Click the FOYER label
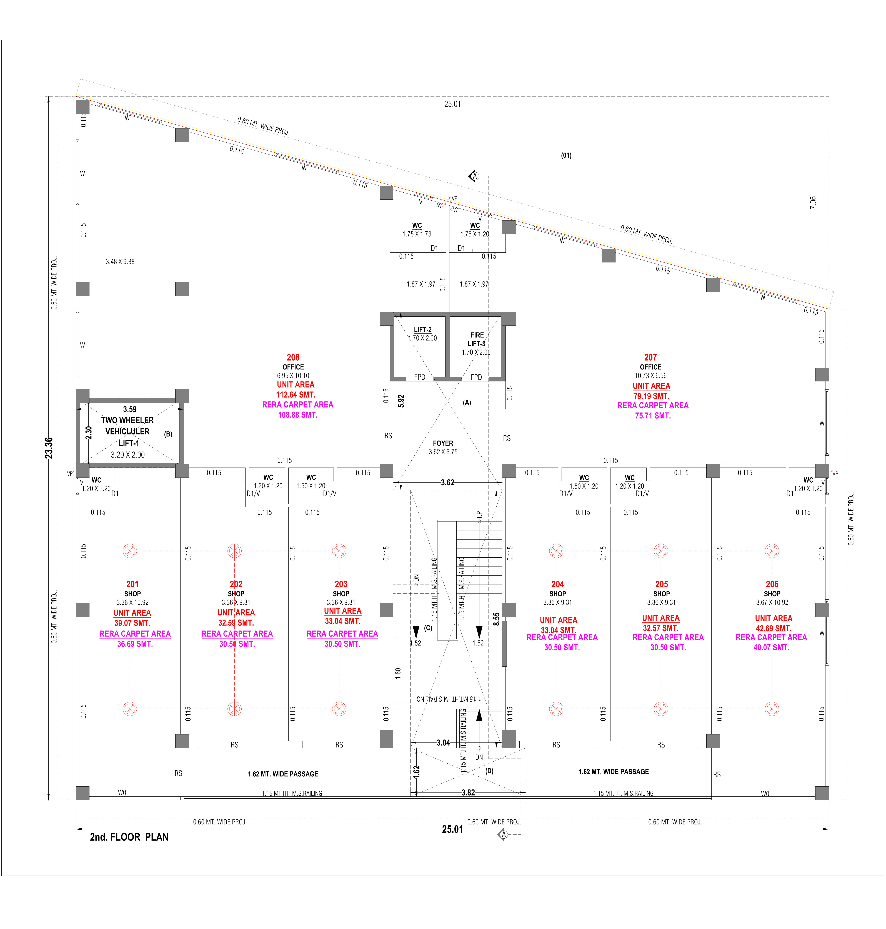point(443,443)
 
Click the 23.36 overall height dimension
point(49,448)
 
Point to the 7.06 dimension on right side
point(813,203)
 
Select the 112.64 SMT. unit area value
point(296,395)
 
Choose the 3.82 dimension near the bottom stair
point(468,793)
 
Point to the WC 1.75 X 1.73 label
point(417,230)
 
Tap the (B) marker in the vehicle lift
point(168,434)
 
